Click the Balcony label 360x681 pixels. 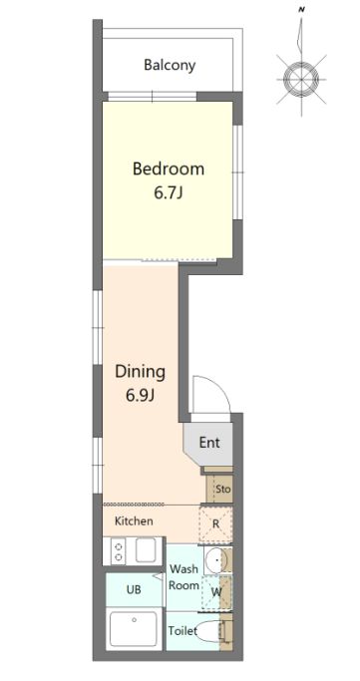point(170,66)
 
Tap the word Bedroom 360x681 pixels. point(169,169)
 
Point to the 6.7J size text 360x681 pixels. point(168,192)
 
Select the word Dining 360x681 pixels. point(140,372)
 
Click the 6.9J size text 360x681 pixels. point(141,396)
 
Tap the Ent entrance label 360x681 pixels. point(209,443)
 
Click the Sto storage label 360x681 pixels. point(222,489)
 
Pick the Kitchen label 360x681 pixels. point(134,520)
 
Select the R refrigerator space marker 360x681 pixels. point(215,523)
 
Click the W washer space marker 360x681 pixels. point(215,591)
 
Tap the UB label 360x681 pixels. point(134,590)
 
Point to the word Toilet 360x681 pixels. point(182,630)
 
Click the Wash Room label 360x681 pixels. point(183,576)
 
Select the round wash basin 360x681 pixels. point(214,560)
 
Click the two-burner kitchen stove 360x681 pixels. point(118,552)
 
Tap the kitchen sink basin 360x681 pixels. point(146,550)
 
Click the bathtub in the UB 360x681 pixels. point(134,628)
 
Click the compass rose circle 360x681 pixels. point(301,79)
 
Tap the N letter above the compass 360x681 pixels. point(301,8)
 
